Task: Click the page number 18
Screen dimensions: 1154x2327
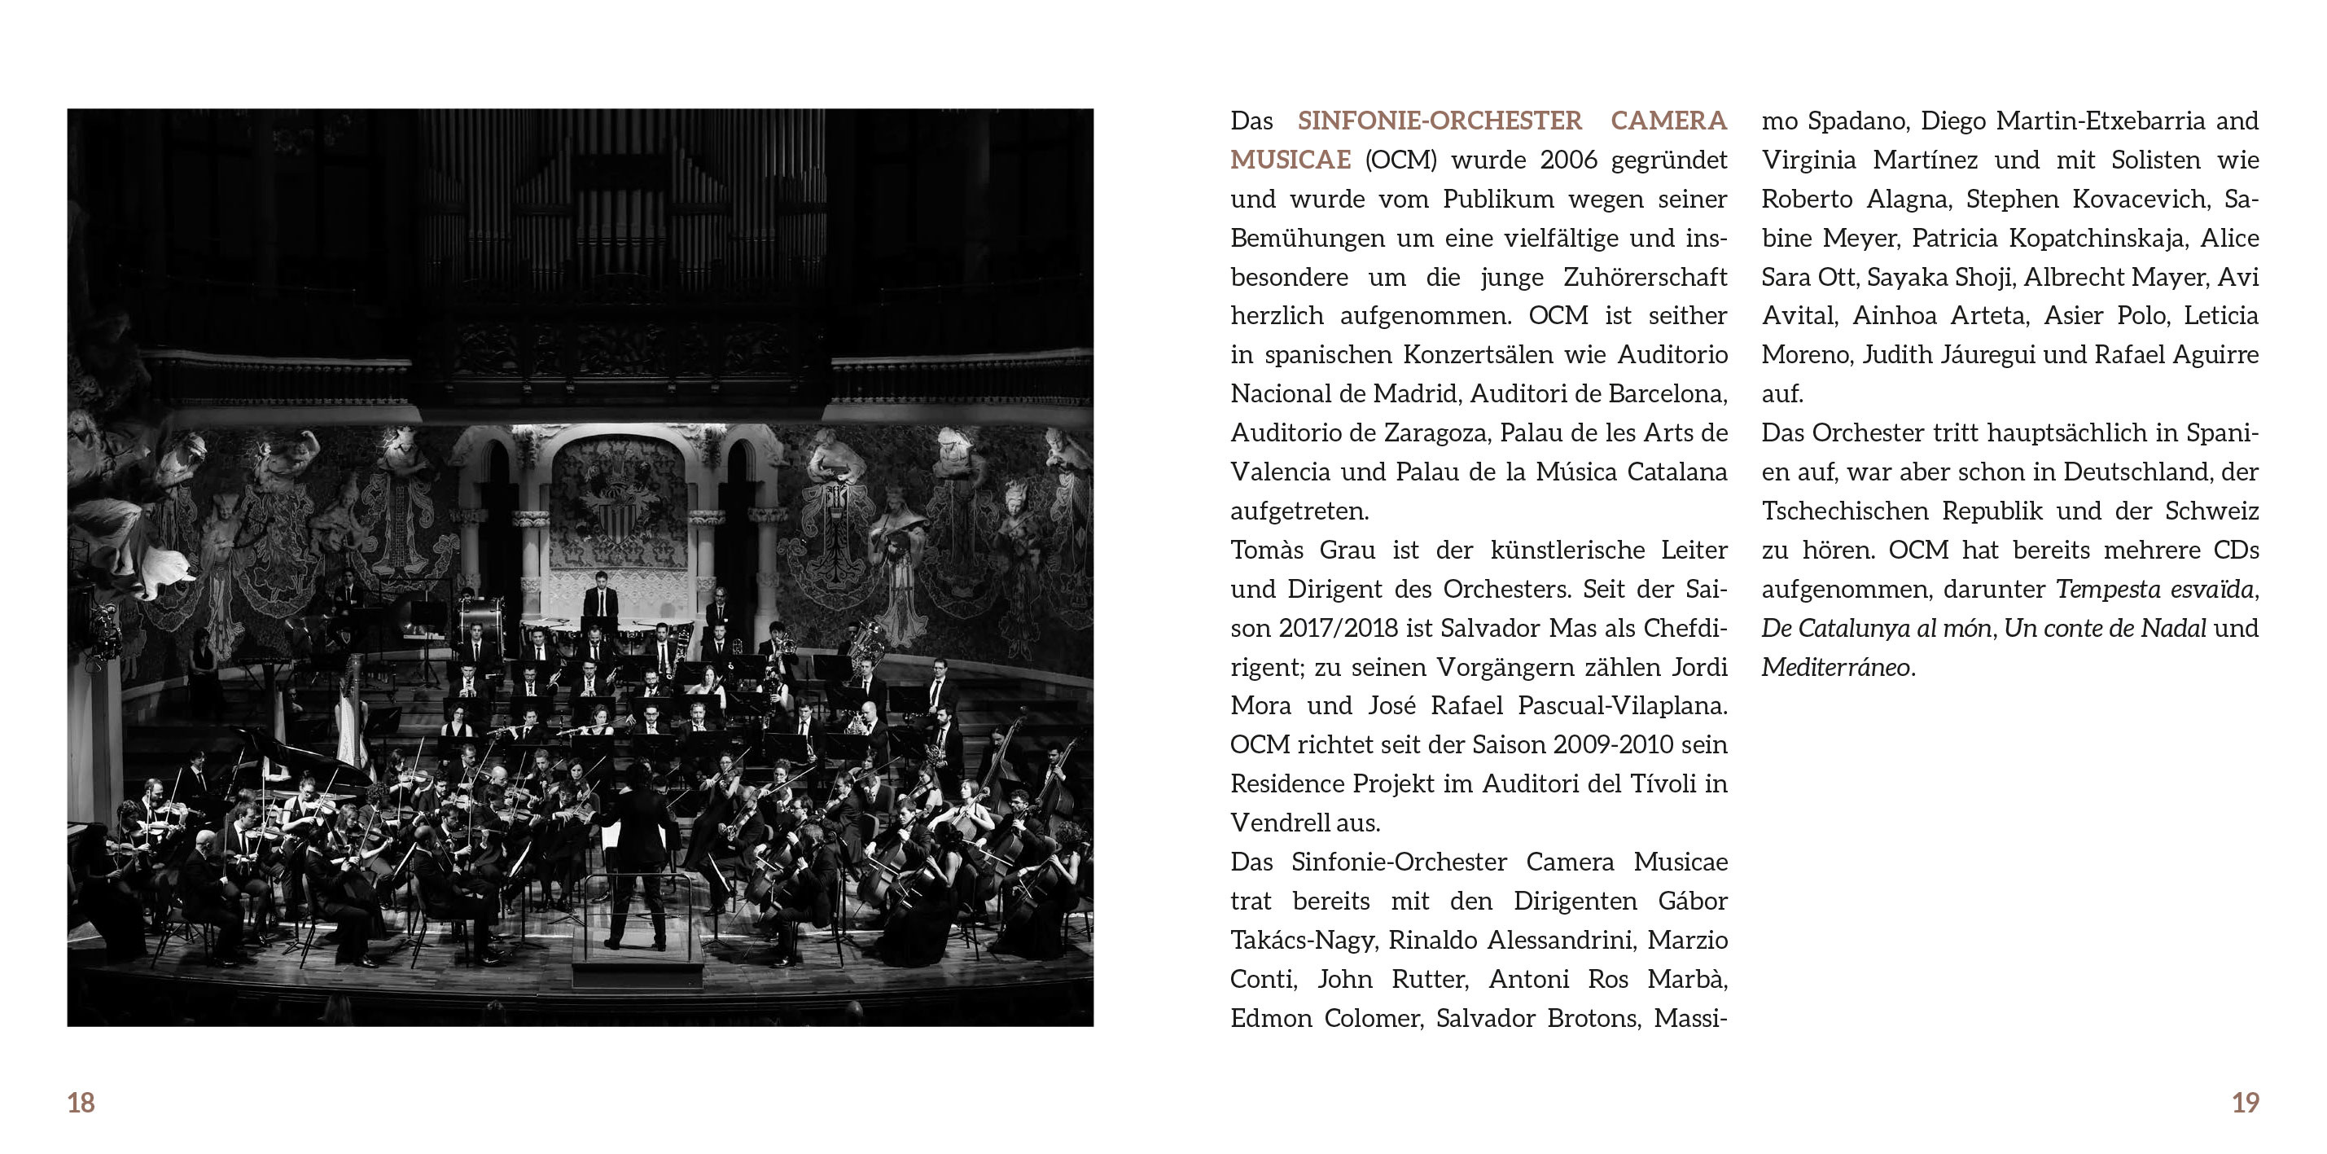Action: coord(81,1103)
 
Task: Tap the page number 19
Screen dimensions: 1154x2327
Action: coord(2245,1103)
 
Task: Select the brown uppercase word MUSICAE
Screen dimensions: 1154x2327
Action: coord(1290,160)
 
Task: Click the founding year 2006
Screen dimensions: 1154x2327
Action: coord(1569,160)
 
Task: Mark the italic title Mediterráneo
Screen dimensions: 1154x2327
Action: coord(1835,668)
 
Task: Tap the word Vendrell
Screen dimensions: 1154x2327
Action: coord(1278,823)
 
